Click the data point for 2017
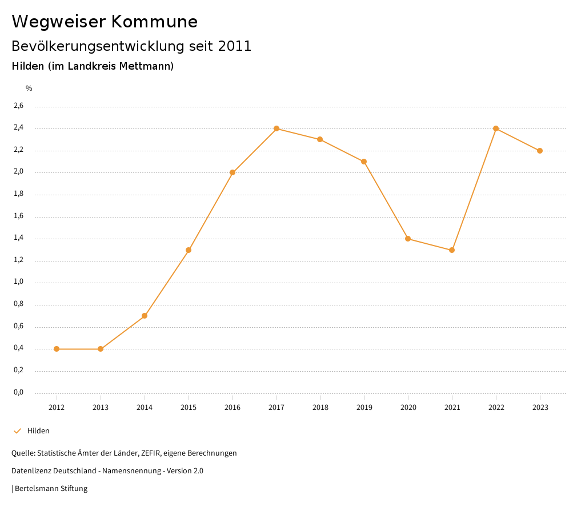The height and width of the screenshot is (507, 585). click(x=277, y=128)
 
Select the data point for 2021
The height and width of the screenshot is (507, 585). click(x=452, y=250)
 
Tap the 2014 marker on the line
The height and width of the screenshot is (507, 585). click(x=145, y=316)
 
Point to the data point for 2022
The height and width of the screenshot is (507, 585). click(x=496, y=128)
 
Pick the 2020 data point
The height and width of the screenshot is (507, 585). click(x=408, y=239)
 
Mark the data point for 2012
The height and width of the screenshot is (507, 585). click(x=57, y=349)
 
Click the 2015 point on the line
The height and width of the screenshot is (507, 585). click(x=189, y=250)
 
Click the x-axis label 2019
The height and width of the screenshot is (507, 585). click(x=364, y=408)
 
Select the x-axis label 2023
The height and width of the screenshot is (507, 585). click(x=540, y=408)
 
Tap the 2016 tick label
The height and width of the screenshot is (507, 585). click(x=233, y=408)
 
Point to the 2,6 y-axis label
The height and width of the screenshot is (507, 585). click(x=18, y=106)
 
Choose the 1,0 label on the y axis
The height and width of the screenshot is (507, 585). click(x=18, y=282)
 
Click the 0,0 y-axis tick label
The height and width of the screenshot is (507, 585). click(x=18, y=392)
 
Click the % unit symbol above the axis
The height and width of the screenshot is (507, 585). click(x=29, y=88)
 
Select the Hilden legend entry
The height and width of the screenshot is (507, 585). click(x=38, y=431)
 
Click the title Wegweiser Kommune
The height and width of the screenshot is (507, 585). click(x=105, y=22)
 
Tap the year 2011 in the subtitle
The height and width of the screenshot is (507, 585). click(x=235, y=46)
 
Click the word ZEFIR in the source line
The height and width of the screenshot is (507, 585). click(x=149, y=453)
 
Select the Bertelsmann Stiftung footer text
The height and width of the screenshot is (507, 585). click(x=51, y=489)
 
